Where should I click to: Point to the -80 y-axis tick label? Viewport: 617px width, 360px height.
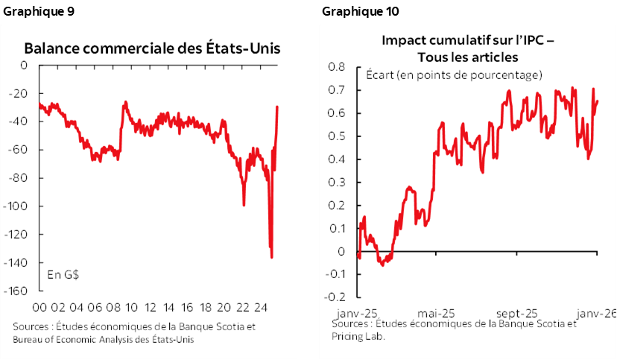(19, 178)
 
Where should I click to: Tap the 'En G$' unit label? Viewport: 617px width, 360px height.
(63, 274)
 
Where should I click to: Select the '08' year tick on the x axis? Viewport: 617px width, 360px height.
(114, 307)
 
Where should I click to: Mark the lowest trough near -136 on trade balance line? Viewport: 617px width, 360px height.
(271, 257)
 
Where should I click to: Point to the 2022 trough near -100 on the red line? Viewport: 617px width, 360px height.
(244, 204)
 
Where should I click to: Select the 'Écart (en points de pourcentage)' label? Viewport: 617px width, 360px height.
(453, 75)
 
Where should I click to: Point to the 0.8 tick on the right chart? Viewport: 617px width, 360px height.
(337, 67)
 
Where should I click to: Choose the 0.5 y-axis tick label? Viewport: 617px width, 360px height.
(337, 136)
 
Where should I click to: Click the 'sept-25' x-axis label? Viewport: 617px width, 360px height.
(518, 312)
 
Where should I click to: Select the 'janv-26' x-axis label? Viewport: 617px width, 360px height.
(596, 312)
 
